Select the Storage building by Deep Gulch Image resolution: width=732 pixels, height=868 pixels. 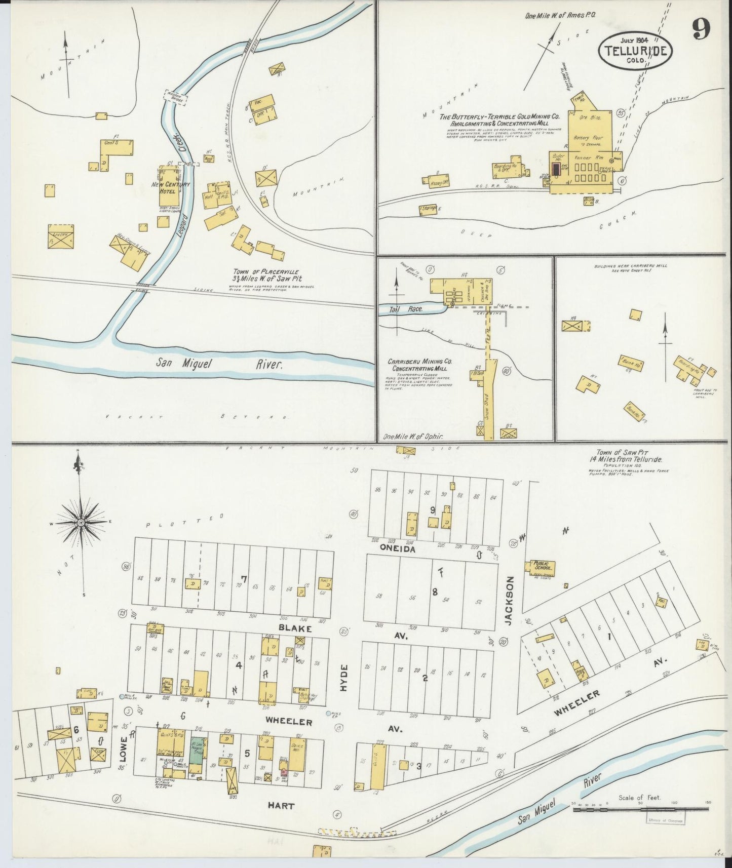point(428,210)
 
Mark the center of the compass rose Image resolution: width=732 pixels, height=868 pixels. point(81,522)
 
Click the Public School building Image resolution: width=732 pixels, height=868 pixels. point(542,568)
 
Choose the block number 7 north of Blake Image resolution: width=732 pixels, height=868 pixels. point(244,580)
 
